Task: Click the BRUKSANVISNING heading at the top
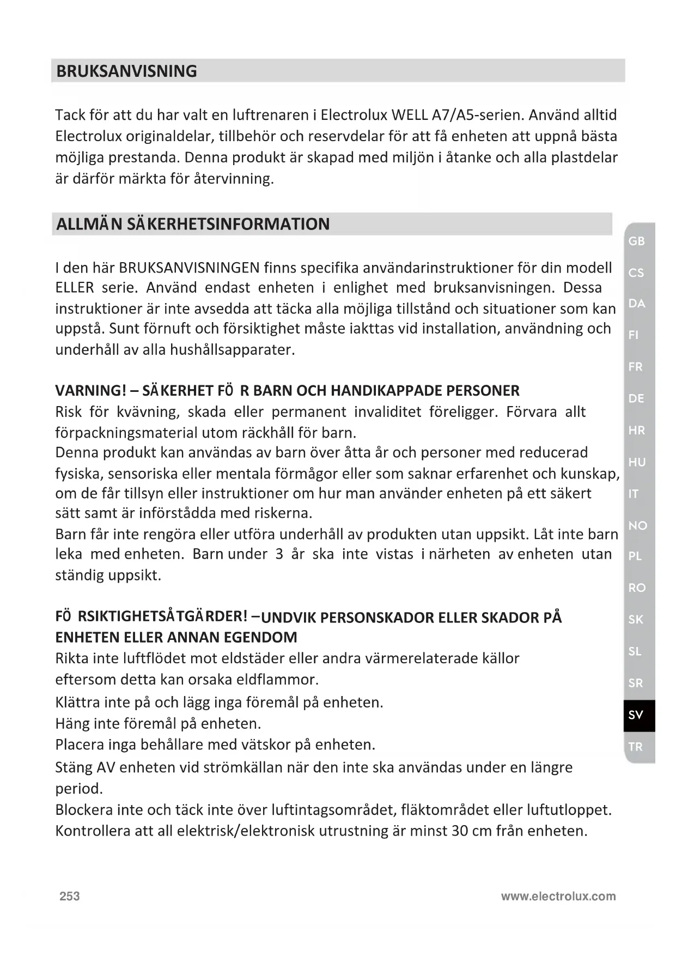[126, 71]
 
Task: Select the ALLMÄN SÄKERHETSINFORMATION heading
[193, 224]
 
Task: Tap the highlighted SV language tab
[636, 715]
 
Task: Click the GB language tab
[636, 241]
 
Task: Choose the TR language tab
[636, 747]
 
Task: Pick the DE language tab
[636, 398]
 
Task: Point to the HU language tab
[636, 462]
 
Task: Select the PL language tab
[635, 556]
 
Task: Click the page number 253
[70, 896]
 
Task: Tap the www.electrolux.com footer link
[558, 896]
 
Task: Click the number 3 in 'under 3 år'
[279, 554]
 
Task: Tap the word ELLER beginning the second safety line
[75, 288]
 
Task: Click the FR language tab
[636, 367]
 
